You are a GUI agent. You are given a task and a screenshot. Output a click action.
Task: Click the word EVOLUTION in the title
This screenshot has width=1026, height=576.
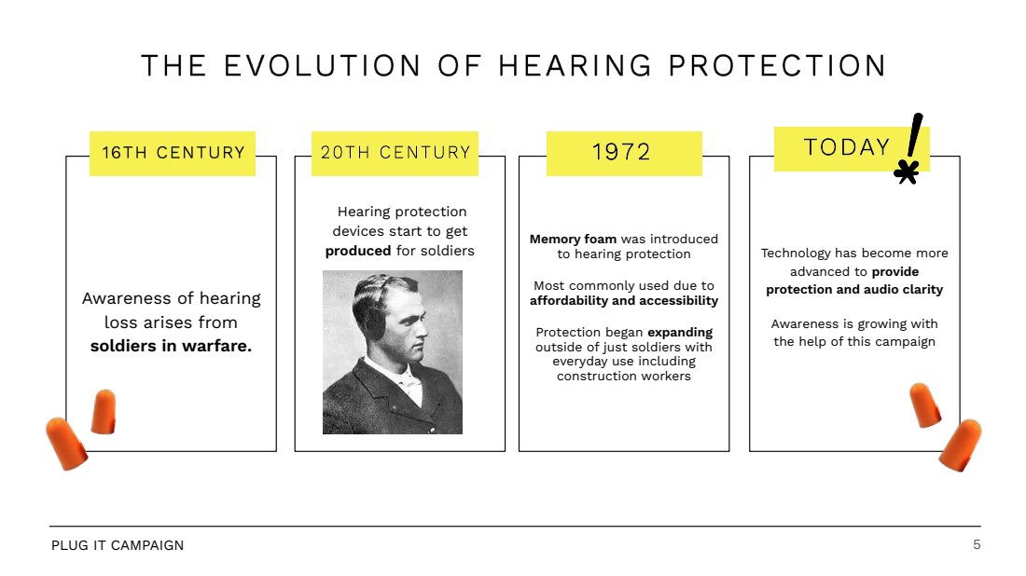322,66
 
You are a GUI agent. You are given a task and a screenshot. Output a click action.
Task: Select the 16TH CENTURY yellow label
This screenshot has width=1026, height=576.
173,154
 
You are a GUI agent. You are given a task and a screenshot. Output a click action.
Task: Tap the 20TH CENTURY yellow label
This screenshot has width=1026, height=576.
395,154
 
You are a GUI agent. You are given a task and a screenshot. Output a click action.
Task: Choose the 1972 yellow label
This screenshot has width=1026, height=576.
624,154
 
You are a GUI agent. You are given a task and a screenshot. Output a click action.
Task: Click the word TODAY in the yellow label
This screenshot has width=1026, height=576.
847,147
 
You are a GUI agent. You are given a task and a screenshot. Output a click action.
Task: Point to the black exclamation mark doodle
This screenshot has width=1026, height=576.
915,135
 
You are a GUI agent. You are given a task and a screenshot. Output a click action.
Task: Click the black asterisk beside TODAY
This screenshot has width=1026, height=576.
907,171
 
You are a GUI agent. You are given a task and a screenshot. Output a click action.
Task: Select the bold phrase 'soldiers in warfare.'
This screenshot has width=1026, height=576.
171,346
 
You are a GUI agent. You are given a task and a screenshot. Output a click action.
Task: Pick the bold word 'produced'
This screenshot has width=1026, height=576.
358,251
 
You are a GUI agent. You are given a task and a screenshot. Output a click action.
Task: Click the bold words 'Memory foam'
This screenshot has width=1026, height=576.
574,240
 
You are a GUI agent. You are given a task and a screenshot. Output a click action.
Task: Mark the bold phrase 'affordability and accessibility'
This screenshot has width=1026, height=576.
624,301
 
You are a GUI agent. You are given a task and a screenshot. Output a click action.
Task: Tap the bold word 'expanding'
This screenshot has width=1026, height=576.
680,332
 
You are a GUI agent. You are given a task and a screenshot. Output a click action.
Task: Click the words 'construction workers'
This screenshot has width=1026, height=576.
624,376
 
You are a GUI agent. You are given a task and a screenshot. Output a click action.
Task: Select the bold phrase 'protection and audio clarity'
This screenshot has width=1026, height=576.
854,290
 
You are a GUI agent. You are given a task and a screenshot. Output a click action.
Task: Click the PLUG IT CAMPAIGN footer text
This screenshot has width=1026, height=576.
118,545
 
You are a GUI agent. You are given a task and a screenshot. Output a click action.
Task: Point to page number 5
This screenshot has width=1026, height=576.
977,544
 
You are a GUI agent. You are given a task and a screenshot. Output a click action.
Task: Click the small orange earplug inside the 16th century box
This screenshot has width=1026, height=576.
104,411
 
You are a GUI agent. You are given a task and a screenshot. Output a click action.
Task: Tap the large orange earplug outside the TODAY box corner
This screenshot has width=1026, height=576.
961,445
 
